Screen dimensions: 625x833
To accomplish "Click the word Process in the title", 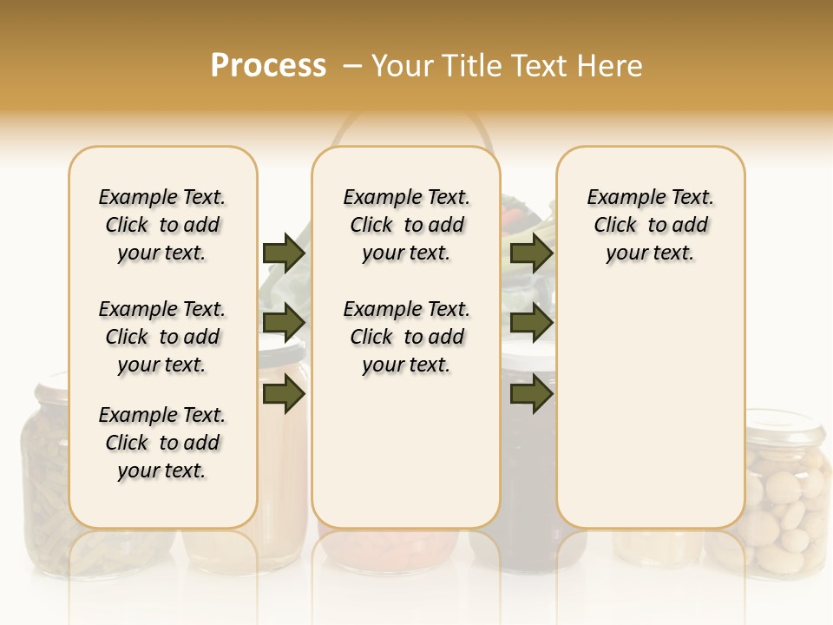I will click(x=268, y=66).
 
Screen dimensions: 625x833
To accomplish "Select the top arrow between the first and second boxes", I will click(x=284, y=253).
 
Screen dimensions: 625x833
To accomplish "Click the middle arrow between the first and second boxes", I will click(x=284, y=323).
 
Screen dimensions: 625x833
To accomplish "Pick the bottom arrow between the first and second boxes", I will click(x=284, y=393).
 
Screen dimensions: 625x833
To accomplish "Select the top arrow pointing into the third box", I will click(x=531, y=253).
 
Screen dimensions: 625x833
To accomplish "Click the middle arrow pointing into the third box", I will click(x=531, y=323).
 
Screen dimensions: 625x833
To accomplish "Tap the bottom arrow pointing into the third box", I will click(x=531, y=393).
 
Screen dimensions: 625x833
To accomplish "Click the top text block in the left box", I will click(x=162, y=225).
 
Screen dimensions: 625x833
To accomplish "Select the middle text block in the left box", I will click(x=162, y=337).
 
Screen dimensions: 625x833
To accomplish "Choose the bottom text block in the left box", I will click(x=162, y=443).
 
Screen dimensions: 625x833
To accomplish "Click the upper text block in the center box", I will click(x=406, y=225).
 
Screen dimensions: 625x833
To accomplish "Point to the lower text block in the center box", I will click(x=406, y=337).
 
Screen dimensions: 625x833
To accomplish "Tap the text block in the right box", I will click(x=650, y=225).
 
